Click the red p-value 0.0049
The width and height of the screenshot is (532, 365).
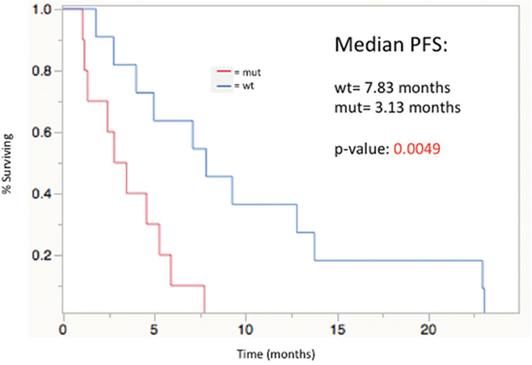point(417,149)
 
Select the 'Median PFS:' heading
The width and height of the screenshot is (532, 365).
point(391,44)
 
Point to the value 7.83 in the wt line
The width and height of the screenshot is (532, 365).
point(380,88)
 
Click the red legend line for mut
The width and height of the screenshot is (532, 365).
point(223,71)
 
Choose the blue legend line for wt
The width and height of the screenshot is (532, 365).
point(223,86)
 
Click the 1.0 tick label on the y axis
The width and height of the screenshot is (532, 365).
point(42,10)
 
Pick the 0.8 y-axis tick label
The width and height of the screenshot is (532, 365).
point(42,71)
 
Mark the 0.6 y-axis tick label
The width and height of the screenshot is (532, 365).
point(42,132)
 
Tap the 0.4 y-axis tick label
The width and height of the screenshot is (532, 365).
point(42,194)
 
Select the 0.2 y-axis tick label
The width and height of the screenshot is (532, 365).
point(42,255)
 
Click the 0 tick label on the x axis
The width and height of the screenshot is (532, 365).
point(63,329)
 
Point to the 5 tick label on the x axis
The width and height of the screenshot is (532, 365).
point(155,329)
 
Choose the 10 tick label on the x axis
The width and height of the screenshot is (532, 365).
point(246,329)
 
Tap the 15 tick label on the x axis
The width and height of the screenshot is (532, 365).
point(338,329)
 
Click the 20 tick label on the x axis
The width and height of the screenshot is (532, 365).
point(429,329)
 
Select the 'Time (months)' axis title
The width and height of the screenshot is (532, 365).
point(277,354)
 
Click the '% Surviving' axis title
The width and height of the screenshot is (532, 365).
point(8,163)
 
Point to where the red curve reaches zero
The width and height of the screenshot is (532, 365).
point(205,312)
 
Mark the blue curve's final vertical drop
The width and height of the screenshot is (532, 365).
point(485,300)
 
